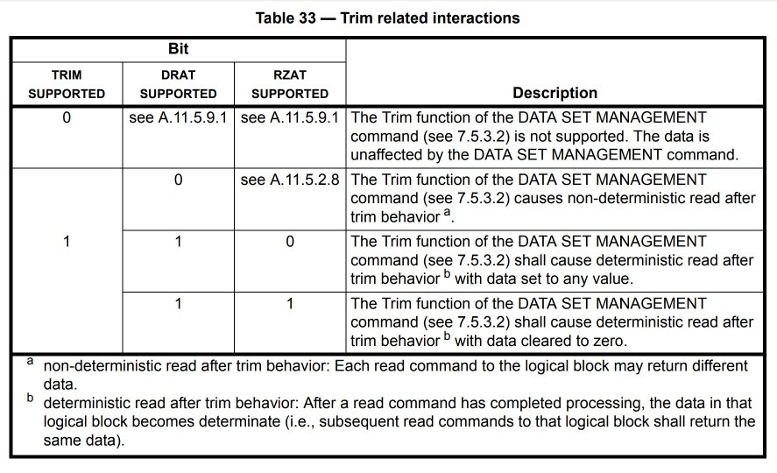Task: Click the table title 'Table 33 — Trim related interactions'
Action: pos(387,18)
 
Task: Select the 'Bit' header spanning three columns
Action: pos(179,48)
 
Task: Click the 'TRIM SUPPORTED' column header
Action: pos(67,84)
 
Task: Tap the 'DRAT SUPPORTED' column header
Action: pos(179,84)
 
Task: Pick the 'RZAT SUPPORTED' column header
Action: pos(290,84)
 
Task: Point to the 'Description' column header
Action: pos(555,93)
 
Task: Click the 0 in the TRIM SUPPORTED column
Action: pos(67,117)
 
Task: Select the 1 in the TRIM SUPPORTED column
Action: pos(67,241)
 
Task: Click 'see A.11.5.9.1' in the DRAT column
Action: pos(178,117)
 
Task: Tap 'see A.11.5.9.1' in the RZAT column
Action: pos(290,117)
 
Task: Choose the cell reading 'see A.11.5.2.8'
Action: pos(290,180)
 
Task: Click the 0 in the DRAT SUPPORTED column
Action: pos(179,180)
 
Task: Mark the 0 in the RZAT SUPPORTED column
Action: pos(290,241)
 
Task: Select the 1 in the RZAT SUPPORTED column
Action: pos(290,303)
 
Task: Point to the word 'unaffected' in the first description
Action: pos(385,154)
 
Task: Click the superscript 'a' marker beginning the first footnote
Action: pos(31,361)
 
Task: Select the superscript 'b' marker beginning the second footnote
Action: pos(31,397)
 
